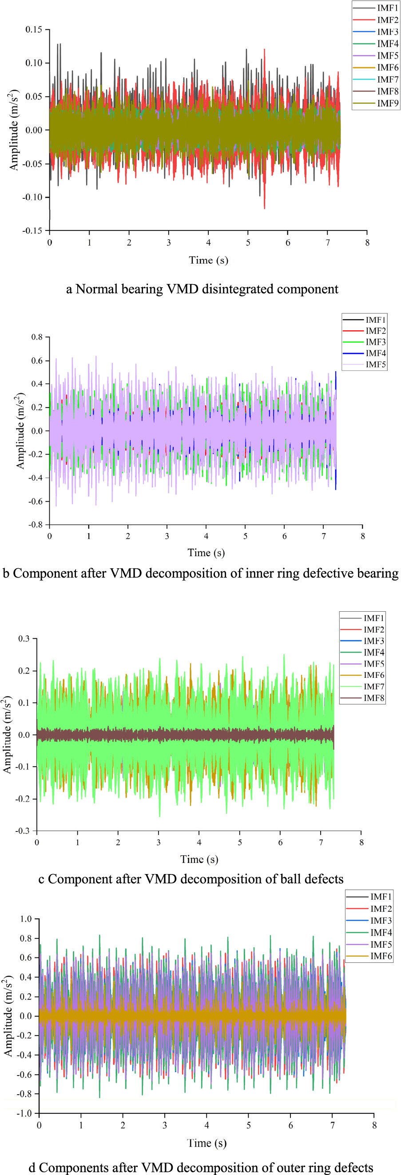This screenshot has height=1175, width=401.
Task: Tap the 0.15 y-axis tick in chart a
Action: [x=34, y=29]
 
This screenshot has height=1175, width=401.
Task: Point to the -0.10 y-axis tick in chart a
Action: [x=32, y=197]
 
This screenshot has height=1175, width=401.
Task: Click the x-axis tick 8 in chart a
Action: [x=367, y=243]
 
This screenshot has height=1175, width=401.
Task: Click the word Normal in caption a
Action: [x=96, y=289]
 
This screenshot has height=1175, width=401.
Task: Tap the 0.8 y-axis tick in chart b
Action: [x=37, y=337]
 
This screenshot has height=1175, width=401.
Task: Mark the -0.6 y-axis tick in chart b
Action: [x=36, y=501]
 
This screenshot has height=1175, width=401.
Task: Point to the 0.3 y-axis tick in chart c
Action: [x=24, y=639]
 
